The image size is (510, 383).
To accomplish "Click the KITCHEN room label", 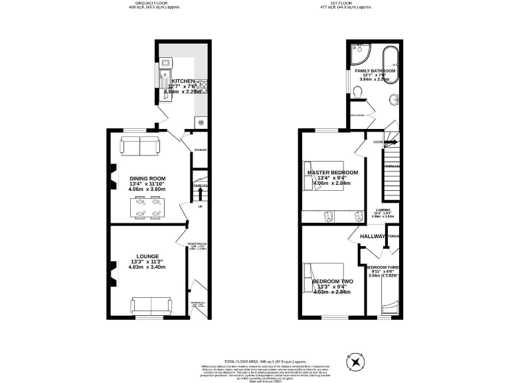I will (183, 80).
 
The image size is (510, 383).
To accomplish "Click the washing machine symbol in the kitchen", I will (200, 122).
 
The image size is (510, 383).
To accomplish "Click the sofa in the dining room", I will (139, 144).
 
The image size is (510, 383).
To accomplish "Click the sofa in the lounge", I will (150, 305).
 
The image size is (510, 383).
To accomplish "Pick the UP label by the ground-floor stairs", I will (200, 206).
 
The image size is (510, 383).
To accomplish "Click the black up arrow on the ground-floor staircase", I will (200, 193).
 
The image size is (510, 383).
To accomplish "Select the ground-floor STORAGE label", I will (200, 150).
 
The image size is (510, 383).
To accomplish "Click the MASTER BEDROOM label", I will (332, 173).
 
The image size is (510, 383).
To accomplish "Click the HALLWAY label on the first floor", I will (373, 237).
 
